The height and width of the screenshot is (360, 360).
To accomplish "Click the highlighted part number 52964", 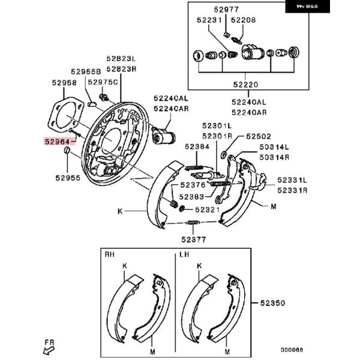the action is [x=57, y=142].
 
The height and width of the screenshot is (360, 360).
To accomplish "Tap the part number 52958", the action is [x=64, y=83].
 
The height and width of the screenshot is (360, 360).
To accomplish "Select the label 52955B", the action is [x=86, y=71].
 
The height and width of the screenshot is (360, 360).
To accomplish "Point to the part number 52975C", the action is [x=103, y=82].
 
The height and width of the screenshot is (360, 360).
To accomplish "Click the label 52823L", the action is [x=121, y=59].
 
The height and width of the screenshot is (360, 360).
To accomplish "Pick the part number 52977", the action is [x=226, y=10].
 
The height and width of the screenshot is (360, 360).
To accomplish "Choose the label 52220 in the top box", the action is [x=245, y=85].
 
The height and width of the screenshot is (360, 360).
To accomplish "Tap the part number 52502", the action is [x=259, y=136].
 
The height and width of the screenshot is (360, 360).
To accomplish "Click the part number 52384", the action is [x=197, y=147].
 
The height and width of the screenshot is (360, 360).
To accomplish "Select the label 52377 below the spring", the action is [x=194, y=239].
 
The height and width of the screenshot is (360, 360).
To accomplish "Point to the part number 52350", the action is [x=272, y=303].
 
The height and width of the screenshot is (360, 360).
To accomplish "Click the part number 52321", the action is [x=208, y=209].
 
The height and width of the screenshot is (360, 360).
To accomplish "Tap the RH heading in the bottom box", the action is [x=110, y=254].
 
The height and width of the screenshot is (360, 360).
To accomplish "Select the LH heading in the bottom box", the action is [x=184, y=254].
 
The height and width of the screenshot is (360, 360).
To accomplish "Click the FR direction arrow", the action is [x=49, y=351].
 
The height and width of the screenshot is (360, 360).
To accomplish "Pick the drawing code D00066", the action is [x=292, y=350].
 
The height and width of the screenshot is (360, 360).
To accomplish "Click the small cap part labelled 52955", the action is [x=67, y=149].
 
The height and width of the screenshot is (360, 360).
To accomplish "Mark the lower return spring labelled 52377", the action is [x=193, y=222].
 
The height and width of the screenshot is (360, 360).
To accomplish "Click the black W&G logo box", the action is [x=307, y=7].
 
